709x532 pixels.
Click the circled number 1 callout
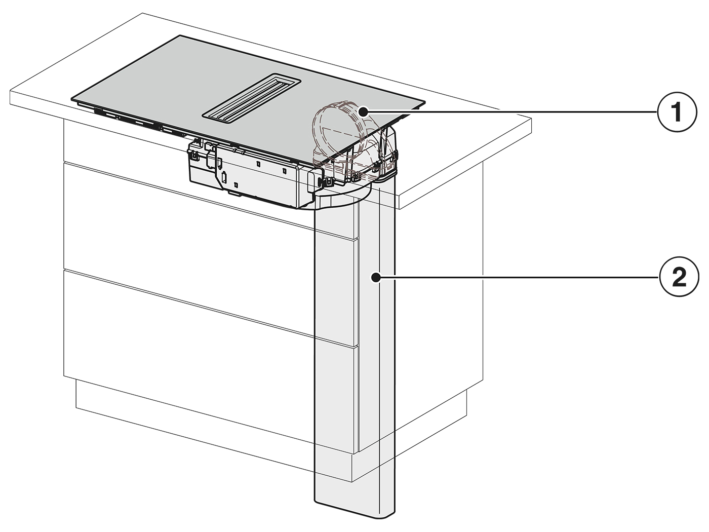tap(677, 112)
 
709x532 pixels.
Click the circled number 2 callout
tap(679, 277)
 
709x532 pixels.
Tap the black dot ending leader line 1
tap(364, 112)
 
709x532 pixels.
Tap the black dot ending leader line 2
tap(375, 277)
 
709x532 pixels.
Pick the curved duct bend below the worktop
tap(342, 197)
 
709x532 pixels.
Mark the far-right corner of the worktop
tap(531, 118)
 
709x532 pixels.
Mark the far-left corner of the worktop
tap(11, 91)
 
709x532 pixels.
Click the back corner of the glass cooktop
tap(180, 35)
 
